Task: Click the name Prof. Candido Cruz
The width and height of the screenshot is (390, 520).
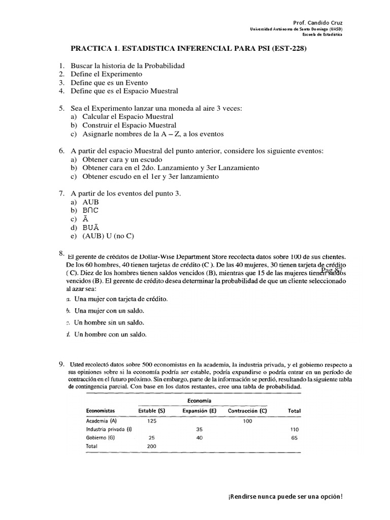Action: pyautogui.click(x=318, y=23)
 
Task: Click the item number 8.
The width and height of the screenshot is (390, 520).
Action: pyautogui.click(x=61, y=253)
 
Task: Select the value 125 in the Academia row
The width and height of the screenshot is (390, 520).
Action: pyautogui.click(x=152, y=420)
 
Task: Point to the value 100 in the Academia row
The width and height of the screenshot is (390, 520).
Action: pyautogui.click(x=247, y=420)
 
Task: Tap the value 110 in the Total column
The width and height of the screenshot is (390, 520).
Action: pyautogui.click(x=294, y=429)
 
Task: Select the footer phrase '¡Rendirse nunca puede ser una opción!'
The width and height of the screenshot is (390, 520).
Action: pyautogui.click(x=286, y=496)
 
